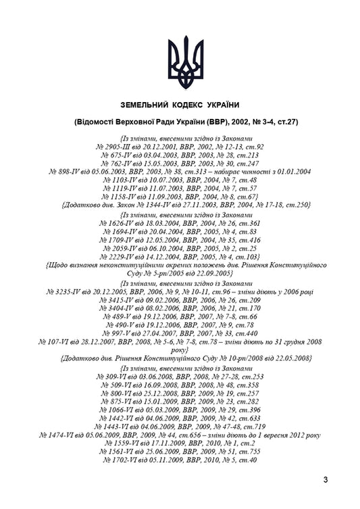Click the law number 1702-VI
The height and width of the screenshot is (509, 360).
pos(124,460)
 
